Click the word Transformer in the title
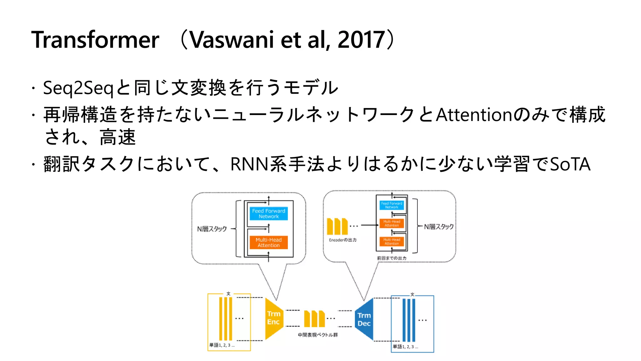95,40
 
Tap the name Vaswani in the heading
232,40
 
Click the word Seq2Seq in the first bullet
78,88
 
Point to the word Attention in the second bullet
474,115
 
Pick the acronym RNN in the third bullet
249,164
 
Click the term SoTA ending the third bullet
570,164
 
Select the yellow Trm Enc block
274,318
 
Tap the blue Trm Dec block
364,319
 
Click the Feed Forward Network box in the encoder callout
269,213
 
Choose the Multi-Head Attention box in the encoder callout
269,242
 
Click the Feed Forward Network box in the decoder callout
392,205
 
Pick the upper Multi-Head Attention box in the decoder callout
392,223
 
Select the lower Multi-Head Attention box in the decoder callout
392,241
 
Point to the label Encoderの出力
343,240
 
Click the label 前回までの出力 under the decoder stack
392,258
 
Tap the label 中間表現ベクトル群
318,335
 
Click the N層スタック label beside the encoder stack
212,229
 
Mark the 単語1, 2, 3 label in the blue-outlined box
405,347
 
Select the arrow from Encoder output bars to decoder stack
369,225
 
